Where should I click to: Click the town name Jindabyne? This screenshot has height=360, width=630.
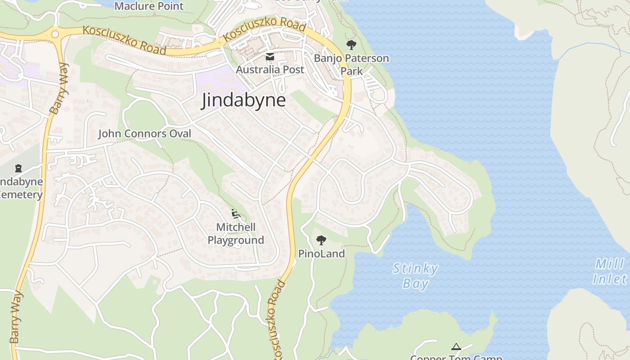click(243, 100)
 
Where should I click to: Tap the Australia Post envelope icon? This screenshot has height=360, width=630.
click(270, 57)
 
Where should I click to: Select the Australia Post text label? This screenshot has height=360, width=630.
click(270, 70)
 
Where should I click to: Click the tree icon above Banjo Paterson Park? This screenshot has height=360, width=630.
click(351, 45)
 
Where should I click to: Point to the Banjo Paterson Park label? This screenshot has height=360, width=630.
click(351, 65)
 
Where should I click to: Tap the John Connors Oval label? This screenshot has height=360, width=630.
click(144, 134)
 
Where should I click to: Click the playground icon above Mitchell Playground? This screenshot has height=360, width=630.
click(236, 213)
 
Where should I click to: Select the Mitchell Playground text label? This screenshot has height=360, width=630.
click(236, 234)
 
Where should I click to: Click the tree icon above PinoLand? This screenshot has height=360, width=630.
click(321, 240)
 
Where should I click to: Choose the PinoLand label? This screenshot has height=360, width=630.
click(321, 254)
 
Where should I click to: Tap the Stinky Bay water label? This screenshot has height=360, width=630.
click(415, 276)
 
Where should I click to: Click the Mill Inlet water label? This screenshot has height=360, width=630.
click(610, 271)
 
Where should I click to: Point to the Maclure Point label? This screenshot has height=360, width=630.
click(149, 6)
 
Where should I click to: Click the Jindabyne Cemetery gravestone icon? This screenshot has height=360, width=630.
click(18, 168)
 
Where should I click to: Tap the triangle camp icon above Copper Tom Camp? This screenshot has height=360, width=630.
click(456, 346)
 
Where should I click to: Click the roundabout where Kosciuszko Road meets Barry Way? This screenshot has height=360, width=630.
click(55, 34)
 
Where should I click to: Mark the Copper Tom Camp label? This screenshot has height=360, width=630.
click(456, 357)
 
